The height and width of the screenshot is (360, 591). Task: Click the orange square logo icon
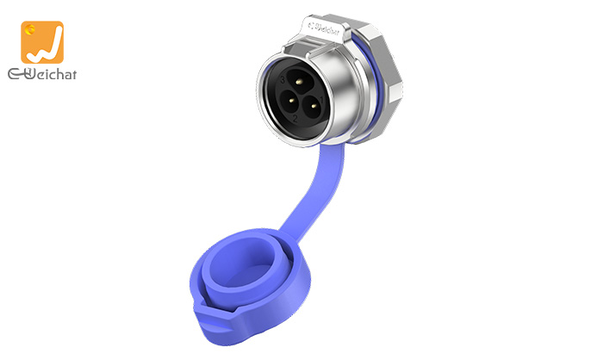(x=41, y=42)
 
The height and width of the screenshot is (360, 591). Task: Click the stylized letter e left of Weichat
(x=15, y=75)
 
